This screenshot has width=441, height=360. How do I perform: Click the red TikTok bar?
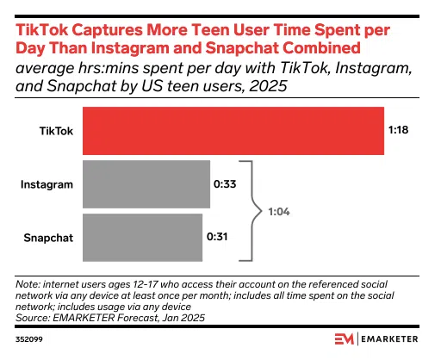pos(233,130)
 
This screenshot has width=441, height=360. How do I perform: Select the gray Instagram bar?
pos(146,183)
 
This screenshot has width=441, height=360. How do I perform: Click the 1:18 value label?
pos(398,130)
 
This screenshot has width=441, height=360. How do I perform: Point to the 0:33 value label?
pos(225,183)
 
